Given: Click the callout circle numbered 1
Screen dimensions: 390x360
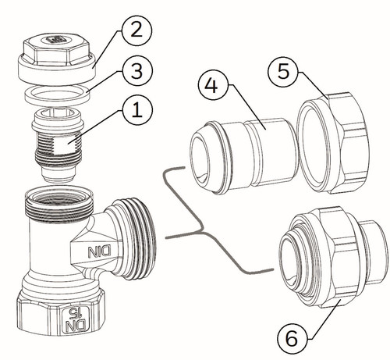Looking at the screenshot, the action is (x=137, y=110).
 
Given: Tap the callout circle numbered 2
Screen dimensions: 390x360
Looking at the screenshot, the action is (x=136, y=30).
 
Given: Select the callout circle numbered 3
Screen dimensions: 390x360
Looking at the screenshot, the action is (x=136, y=71).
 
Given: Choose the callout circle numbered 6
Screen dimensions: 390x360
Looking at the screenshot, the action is (x=292, y=338).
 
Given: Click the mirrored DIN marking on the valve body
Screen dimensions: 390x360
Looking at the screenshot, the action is (x=99, y=251).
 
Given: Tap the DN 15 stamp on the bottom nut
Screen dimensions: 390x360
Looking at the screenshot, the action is (x=76, y=319).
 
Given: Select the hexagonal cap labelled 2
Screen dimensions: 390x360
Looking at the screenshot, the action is (x=57, y=59).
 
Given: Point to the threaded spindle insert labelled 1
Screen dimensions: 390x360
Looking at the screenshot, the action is (x=58, y=144).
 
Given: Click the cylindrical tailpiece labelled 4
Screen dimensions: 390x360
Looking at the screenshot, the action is (x=243, y=155).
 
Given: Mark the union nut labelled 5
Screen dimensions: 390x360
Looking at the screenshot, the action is (x=334, y=143).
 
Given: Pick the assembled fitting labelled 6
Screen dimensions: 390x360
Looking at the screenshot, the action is (x=331, y=258).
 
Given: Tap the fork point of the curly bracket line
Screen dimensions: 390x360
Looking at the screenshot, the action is (x=202, y=231).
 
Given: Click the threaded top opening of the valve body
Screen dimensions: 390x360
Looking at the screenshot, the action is (x=58, y=204).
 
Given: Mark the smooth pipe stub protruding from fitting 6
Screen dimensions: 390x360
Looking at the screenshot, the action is (x=372, y=251).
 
